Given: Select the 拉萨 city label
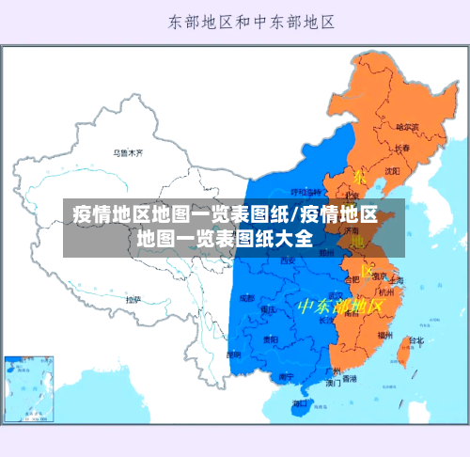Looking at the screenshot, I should pos(133,300).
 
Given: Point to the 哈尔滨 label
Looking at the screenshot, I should pos(406,126).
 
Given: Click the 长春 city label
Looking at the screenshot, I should pos(401,149).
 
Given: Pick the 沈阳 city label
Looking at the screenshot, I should pos(392,170).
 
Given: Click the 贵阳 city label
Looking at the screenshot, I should pos(270,339).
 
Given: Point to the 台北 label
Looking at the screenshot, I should pos(415,340).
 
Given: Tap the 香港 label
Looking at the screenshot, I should pos(349,379).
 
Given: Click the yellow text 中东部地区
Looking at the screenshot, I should pos(340,307).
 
